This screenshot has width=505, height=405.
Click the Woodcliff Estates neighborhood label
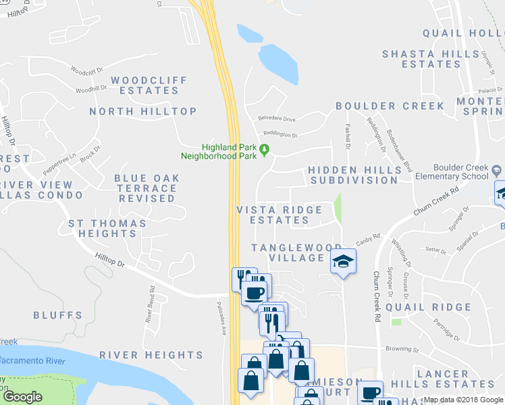[149, 85]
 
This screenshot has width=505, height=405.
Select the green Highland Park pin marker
[265, 149]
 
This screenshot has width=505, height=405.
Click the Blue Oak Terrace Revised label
[147, 188]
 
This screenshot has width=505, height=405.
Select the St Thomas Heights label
[107, 228]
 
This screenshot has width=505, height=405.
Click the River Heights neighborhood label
[151, 355]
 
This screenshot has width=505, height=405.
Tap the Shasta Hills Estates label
[421, 59]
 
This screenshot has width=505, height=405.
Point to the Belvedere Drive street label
[277, 119]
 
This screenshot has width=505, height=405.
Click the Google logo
[22, 397]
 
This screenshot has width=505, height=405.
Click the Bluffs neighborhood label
[57, 315]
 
